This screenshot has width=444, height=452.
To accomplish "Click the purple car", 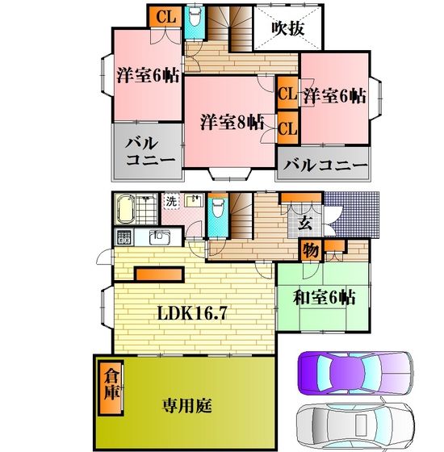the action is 355,373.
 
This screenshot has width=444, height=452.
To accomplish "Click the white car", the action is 355,424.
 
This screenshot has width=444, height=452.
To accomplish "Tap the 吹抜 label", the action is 288,28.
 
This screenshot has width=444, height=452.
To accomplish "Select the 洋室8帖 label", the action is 232,122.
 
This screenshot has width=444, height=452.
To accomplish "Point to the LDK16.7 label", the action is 192,313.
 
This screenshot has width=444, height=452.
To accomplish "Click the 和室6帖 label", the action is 325,297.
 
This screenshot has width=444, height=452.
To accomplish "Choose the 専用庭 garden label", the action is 186,405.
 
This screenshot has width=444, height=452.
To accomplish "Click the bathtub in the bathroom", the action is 125,209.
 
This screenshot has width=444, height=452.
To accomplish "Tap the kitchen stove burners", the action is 124,237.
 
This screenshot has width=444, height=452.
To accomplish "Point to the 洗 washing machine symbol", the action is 171,202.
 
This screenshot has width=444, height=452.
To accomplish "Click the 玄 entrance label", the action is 305,222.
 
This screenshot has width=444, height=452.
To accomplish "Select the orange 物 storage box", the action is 311,250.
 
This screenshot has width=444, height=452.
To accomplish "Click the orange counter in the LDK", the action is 160,274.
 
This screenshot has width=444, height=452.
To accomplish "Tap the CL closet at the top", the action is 165,16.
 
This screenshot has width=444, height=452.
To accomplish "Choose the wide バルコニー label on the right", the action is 325,165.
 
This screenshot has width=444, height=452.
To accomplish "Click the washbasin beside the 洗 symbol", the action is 194,200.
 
